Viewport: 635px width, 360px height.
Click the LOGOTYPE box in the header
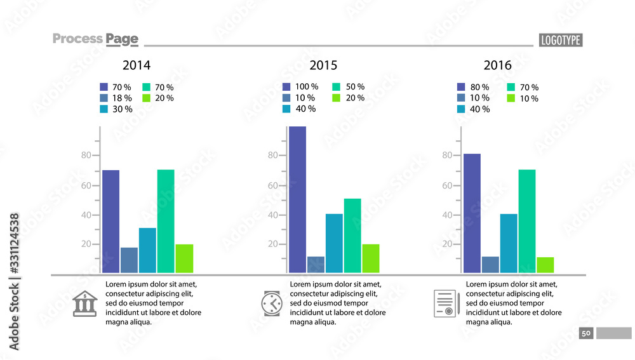point(560,40)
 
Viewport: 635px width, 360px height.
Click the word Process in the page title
point(77,39)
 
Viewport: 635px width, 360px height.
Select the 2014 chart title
point(137,65)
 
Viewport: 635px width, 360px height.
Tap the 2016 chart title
point(497,65)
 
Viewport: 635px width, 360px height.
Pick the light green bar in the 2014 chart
point(184,258)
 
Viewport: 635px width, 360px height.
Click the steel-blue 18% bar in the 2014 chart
point(129,260)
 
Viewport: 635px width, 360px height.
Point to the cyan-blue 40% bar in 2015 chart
point(334,243)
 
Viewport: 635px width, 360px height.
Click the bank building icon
point(84,303)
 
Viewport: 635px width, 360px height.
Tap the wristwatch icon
point(271,303)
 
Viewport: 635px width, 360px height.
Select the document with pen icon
point(446,303)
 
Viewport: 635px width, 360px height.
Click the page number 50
point(585,333)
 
